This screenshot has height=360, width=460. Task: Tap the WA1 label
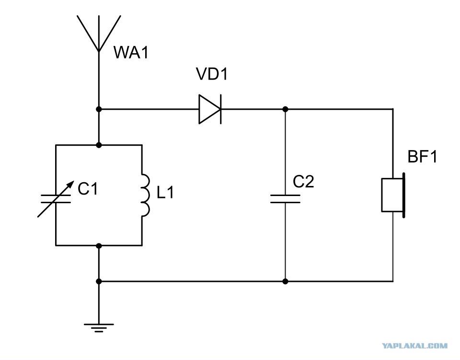131,53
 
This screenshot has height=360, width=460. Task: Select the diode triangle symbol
210,109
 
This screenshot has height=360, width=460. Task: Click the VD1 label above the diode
212,74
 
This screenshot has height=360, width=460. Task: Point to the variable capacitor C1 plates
56,198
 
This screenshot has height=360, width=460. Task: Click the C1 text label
87,188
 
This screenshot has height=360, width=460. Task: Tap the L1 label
165,193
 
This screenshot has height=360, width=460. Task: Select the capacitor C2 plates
285,198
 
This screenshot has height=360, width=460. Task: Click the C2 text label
303,182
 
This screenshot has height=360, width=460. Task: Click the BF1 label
423,156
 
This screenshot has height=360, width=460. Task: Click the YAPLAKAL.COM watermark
415,346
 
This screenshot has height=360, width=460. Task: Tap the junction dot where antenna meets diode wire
99,109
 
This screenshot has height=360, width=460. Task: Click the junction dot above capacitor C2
285,109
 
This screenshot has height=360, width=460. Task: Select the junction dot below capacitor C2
285,281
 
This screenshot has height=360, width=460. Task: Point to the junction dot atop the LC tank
99,145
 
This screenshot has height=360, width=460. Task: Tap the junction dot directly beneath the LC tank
99,245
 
